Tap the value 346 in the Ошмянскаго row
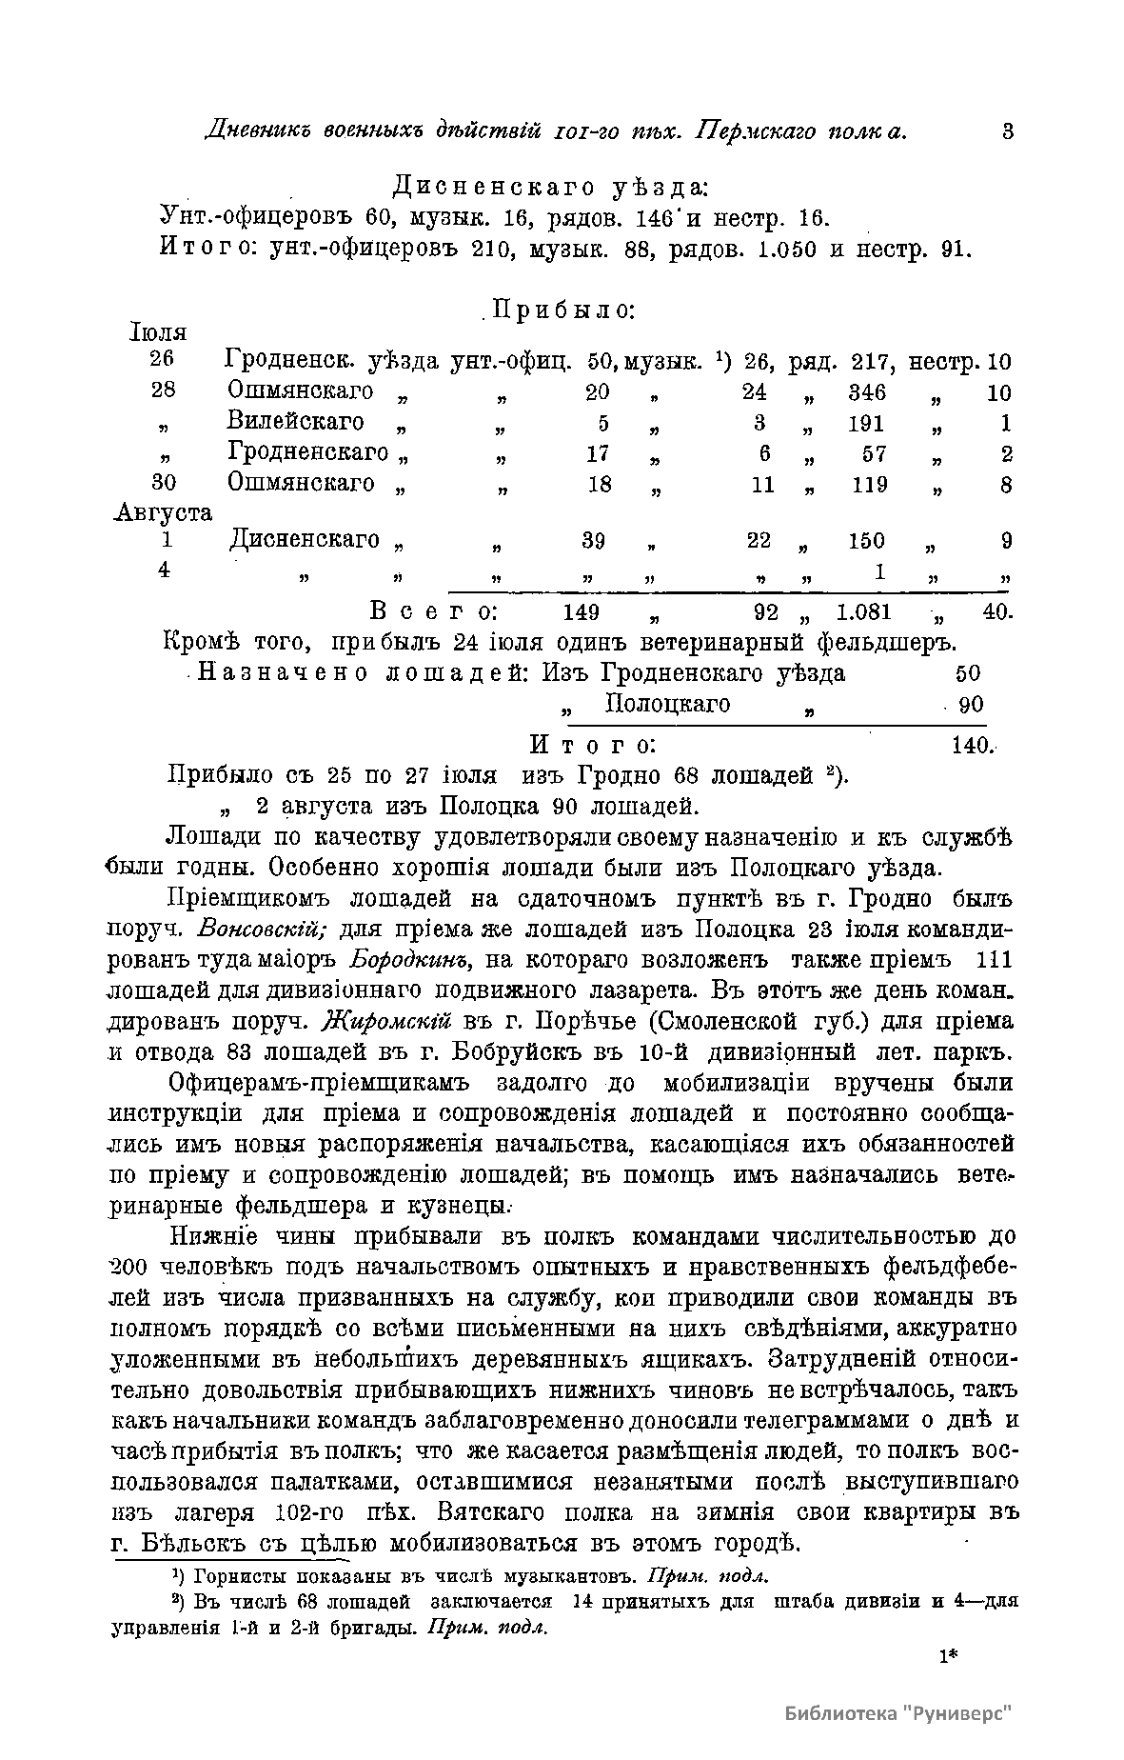coord(867,393)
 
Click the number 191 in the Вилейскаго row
coord(867,424)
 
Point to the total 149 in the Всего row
coord(581,611)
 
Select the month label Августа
coord(163,512)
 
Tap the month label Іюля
coord(157,332)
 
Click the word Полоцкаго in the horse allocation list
coord(667,704)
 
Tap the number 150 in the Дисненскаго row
coord(867,542)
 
